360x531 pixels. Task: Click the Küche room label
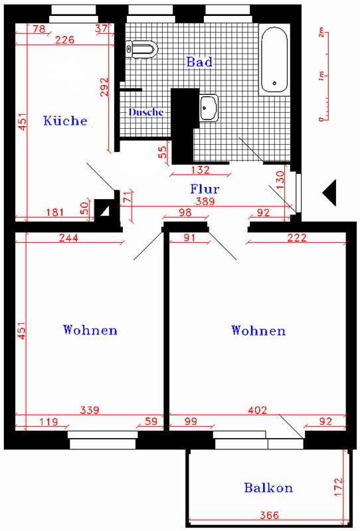65,121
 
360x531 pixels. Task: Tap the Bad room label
199,62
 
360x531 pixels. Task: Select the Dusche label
145,112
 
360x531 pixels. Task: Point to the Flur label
205,189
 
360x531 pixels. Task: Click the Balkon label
268,488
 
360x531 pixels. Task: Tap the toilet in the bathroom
141,49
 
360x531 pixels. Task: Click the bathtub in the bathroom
274,60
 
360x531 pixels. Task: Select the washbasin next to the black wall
209,108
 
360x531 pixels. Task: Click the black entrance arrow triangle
329,192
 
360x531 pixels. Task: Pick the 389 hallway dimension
205,201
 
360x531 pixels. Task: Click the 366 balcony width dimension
270,515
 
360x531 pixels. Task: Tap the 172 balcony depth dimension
339,487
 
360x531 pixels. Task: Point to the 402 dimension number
258,410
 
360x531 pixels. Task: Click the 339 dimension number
90,410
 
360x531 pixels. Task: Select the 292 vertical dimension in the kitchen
105,87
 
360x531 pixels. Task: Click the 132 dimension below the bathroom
201,170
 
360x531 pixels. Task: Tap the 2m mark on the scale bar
321,33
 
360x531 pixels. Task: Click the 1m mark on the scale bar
321,76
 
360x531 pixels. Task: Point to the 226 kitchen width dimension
64,40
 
